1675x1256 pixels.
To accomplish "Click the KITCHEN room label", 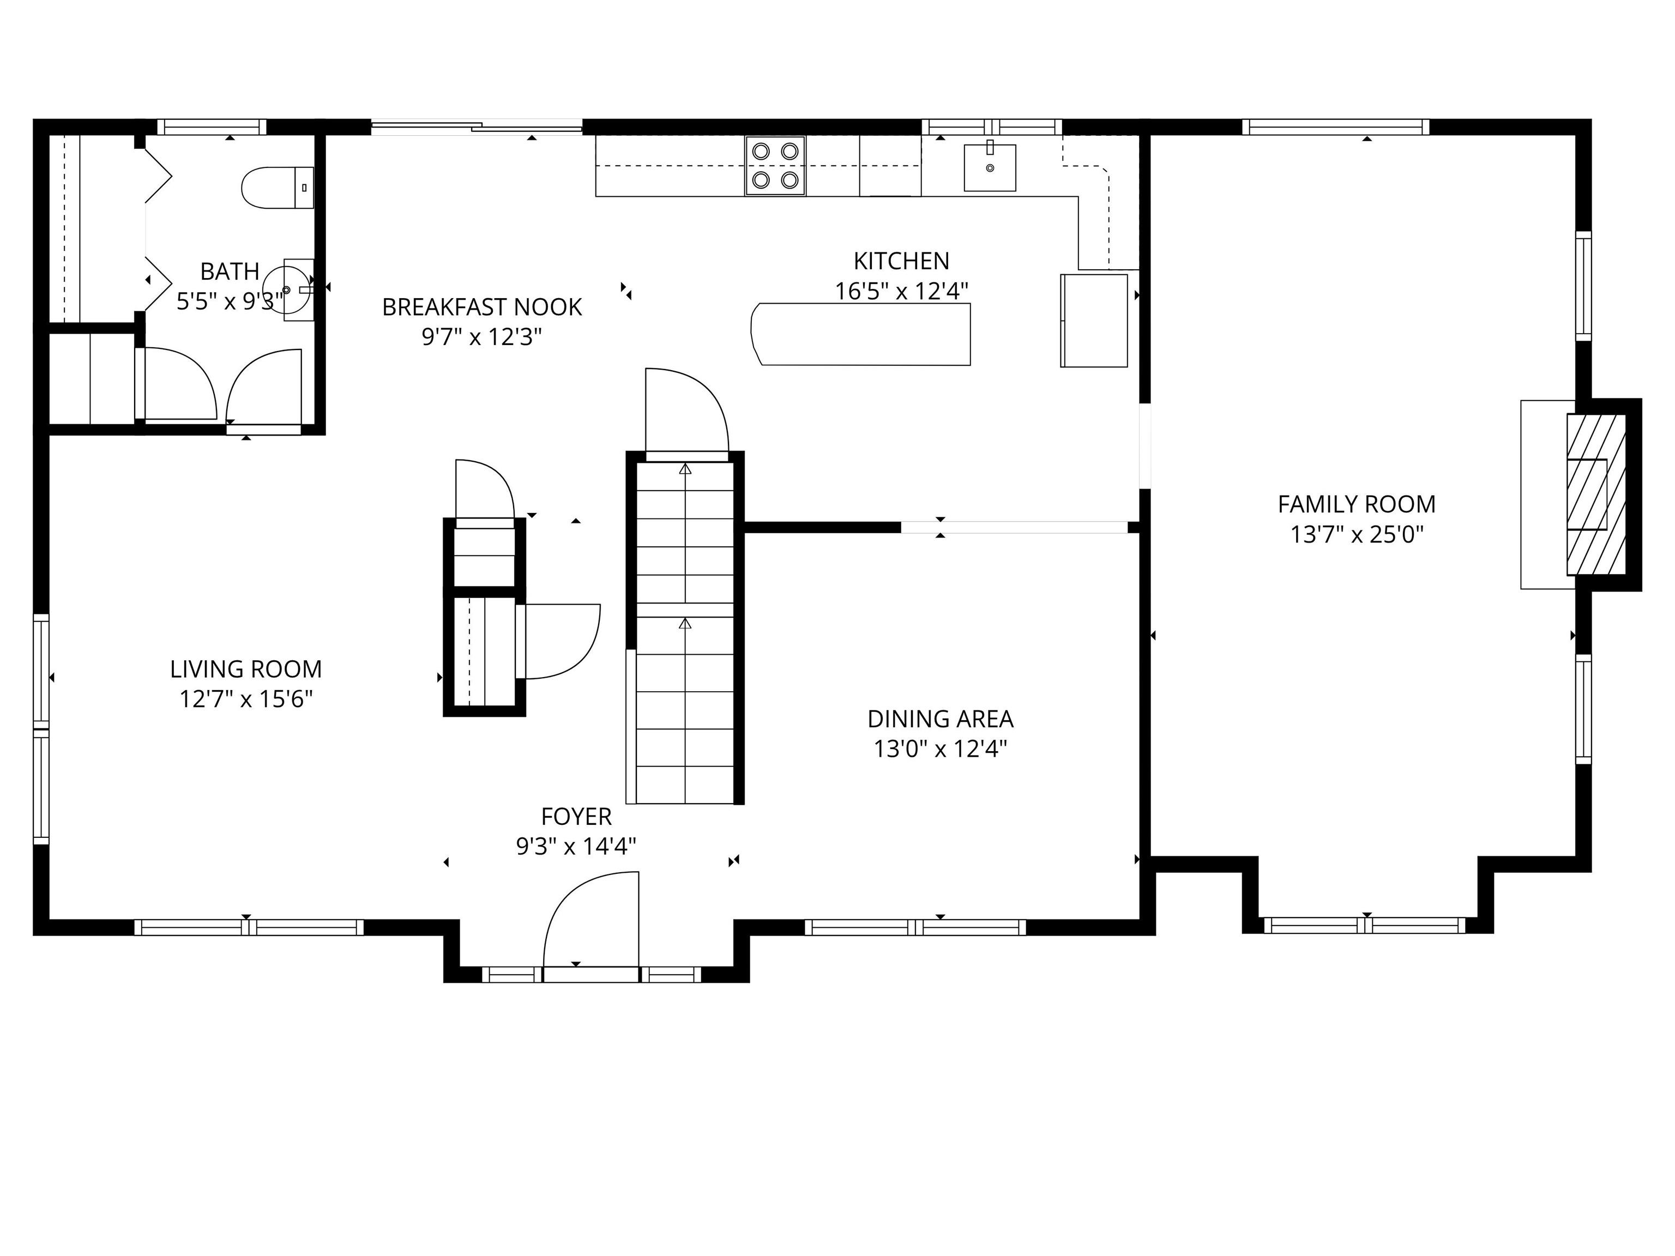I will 901,261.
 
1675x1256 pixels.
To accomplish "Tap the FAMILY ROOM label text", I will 1356,504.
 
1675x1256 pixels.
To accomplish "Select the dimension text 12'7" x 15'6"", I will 246,699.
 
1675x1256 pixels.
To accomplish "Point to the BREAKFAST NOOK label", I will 481,307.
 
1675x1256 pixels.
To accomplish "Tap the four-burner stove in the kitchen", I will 775,166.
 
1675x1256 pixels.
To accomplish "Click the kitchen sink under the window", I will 989,167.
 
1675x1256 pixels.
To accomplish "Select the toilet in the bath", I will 276,187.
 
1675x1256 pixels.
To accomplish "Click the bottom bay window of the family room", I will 1365,925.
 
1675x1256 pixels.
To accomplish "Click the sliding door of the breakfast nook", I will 477,127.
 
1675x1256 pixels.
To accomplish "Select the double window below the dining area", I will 915,927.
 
